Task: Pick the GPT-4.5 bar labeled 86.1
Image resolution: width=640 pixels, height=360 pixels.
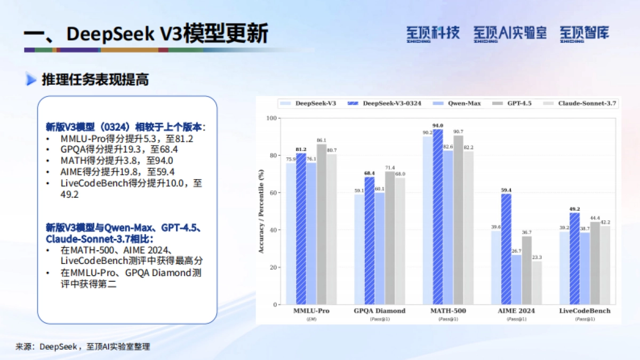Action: pyautogui.click(x=322, y=225)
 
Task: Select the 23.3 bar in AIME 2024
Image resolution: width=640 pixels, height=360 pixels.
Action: pyautogui.click(x=537, y=283)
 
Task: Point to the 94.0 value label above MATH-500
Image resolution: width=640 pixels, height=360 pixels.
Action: pyautogui.click(x=437, y=125)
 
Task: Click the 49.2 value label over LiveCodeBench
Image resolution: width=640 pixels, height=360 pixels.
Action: pyautogui.click(x=574, y=209)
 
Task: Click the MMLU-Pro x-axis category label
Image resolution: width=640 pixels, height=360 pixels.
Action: pyautogui.click(x=311, y=311)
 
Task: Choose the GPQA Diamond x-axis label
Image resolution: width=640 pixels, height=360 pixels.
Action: pyautogui.click(x=380, y=311)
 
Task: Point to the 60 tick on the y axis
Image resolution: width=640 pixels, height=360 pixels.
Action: pyautogui.click(x=274, y=193)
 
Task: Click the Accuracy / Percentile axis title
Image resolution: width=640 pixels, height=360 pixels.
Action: pyautogui.click(x=261, y=211)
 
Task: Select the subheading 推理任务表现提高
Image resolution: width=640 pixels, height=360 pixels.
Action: pyautogui.click(x=95, y=80)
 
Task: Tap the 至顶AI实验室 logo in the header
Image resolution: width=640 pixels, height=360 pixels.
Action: pyautogui.click(x=510, y=33)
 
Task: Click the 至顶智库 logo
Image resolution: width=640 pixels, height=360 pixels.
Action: pyautogui.click(x=584, y=33)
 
